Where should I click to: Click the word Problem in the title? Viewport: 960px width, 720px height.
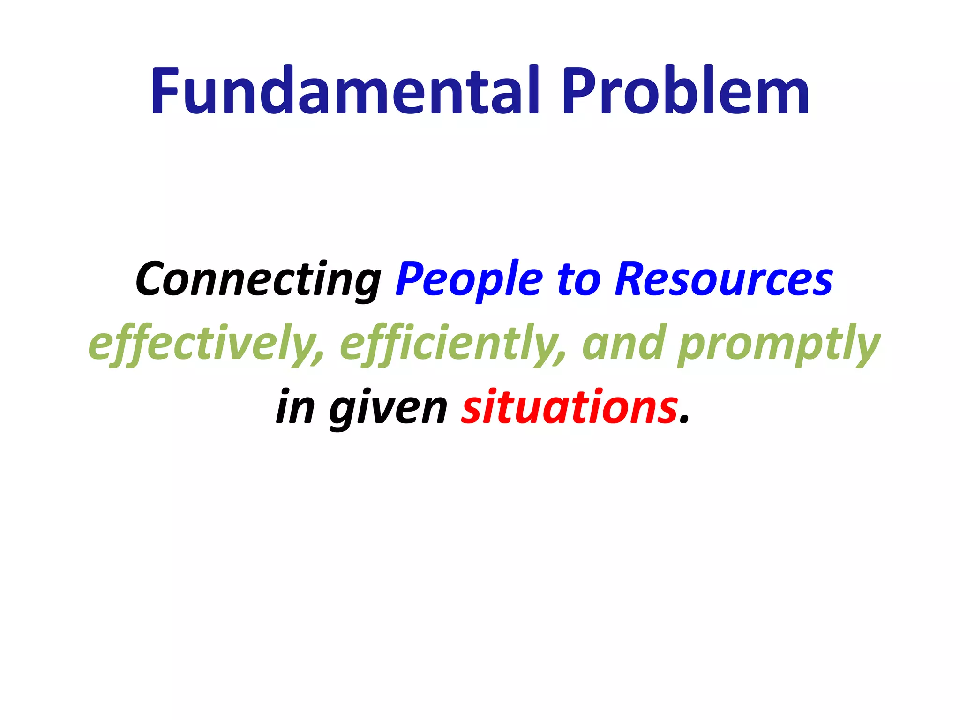click(685, 91)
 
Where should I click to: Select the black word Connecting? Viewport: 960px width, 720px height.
click(258, 280)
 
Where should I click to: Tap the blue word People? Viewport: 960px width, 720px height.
click(469, 280)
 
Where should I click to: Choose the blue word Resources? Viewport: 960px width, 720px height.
click(724, 280)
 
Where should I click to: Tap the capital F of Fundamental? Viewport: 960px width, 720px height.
click(164, 91)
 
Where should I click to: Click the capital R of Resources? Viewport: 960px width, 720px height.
click(630, 279)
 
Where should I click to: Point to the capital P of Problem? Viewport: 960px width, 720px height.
click(581, 91)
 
